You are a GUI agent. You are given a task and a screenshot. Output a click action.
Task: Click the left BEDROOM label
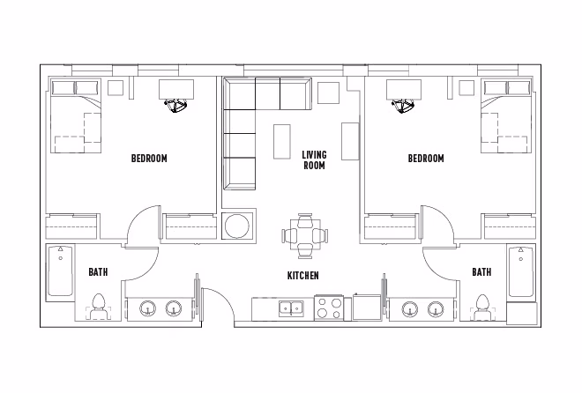(x=149, y=159)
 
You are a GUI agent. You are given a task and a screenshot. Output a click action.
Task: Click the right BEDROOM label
(x=426, y=159)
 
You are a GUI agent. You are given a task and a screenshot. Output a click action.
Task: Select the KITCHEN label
(x=302, y=276)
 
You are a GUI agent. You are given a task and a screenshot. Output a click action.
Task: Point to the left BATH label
(x=98, y=272)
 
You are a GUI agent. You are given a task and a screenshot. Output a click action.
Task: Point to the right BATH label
(x=481, y=272)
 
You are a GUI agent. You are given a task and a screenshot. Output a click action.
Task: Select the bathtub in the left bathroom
(x=60, y=271)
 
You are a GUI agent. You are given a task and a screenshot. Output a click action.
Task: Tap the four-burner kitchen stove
(x=331, y=308)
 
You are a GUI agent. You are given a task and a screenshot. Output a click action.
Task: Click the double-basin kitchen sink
(x=290, y=308)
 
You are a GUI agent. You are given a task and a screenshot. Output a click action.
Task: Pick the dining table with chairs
(x=304, y=236)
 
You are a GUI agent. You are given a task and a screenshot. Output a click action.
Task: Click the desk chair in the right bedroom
(x=404, y=105)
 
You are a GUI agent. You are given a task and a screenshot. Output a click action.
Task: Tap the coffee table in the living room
(x=283, y=139)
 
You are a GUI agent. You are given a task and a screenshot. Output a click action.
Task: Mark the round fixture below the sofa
(x=236, y=226)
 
